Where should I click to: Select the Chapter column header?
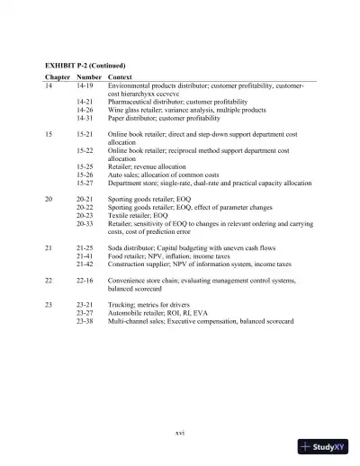58,77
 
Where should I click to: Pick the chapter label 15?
49,133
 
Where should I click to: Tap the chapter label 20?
49,196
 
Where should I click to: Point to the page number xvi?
180,433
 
